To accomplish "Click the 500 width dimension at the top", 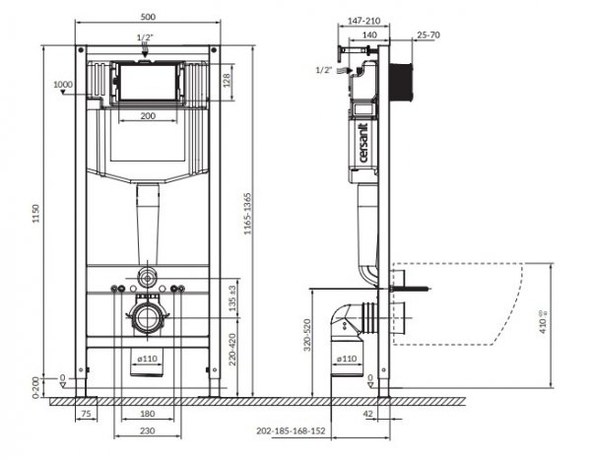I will [x=147, y=18].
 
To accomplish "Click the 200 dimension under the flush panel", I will [x=147, y=116].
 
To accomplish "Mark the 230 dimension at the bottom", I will [x=147, y=431].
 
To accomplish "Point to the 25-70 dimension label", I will [x=427, y=35].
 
